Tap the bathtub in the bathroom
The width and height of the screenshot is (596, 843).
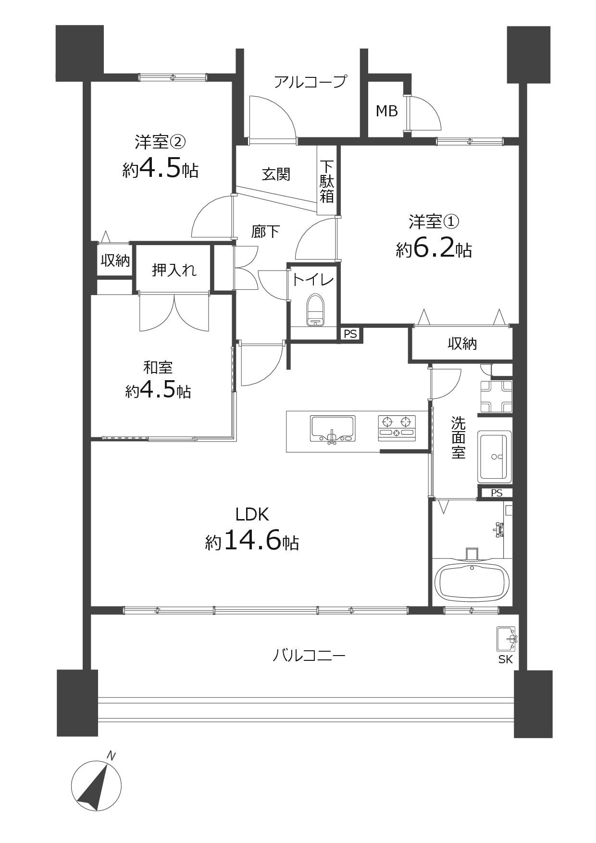tap(472, 582)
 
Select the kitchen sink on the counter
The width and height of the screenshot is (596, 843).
tap(333, 428)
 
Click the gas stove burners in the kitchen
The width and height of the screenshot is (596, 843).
tap(397, 427)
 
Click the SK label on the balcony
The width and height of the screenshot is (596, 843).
tap(505, 660)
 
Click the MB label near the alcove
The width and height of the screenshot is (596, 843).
tap(387, 111)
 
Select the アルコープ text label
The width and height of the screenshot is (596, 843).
tap(310, 82)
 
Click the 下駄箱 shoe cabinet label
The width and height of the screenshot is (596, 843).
tap(327, 181)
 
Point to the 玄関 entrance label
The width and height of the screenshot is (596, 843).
tap(276, 174)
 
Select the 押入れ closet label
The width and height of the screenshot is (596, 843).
tap(174, 270)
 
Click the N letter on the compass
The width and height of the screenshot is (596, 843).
tap(111, 756)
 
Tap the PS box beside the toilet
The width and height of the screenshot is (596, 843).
tap(350, 334)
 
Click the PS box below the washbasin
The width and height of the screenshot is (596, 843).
tap(496, 493)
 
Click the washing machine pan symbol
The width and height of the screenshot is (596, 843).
tap(496, 396)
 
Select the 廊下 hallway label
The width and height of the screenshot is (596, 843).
tap(266, 231)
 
